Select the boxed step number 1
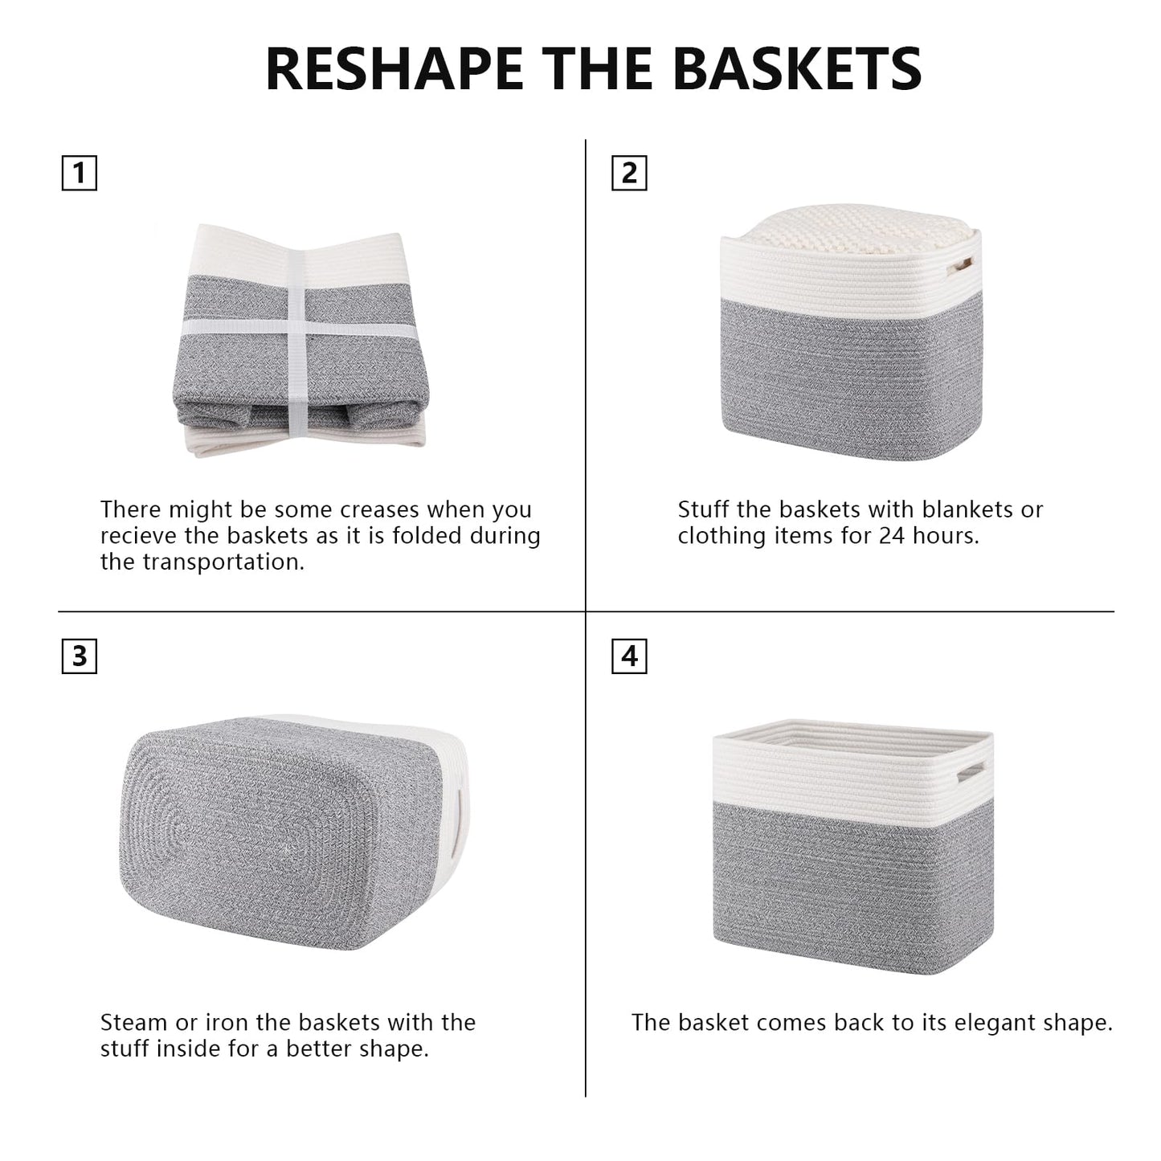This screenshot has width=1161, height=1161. [x=80, y=174]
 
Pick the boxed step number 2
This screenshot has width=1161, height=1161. [x=630, y=174]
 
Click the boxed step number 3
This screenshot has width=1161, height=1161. [x=80, y=656]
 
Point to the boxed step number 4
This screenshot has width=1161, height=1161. [x=630, y=656]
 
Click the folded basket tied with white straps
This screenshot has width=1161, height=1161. [x=300, y=341]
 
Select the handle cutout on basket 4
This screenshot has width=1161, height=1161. [x=971, y=772]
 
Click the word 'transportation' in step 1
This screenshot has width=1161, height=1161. [x=223, y=562]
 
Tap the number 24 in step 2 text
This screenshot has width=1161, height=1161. [x=892, y=536]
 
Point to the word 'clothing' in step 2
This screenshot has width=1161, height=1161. [x=722, y=536]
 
